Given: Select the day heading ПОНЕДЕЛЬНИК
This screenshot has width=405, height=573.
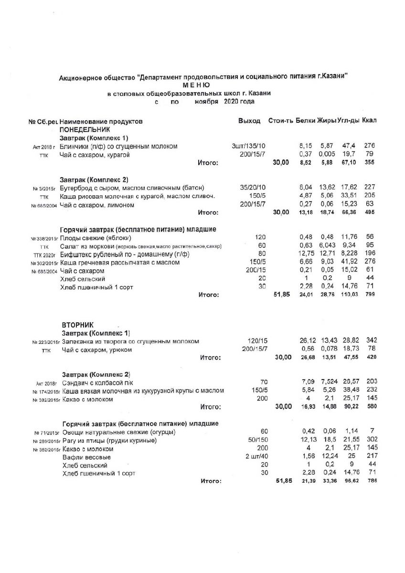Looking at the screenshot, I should point(85,129).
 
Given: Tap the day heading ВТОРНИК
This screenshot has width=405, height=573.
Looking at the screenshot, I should point(78,325).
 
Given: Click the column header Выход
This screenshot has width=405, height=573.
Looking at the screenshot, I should point(249,121).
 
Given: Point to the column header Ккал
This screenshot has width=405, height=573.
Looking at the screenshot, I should point(370,120).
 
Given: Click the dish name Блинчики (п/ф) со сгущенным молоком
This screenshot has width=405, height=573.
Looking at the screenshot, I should point(119,146).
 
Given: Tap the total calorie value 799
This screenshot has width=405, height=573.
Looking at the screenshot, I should point(369,295).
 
